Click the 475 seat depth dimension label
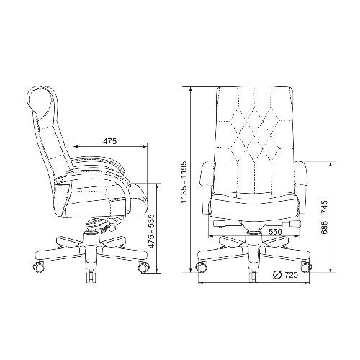(110, 141)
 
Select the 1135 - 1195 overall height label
(184, 182)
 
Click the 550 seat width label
(275, 232)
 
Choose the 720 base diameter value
(291, 275)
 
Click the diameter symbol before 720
(277, 275)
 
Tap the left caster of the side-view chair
(39, 267)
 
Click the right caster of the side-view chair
(144, 267)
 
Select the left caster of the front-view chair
(202, 266)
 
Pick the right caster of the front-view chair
(307, 266)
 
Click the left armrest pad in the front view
(207, 174)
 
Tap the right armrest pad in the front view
(301, 174)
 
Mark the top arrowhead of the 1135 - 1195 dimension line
(191, 89)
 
